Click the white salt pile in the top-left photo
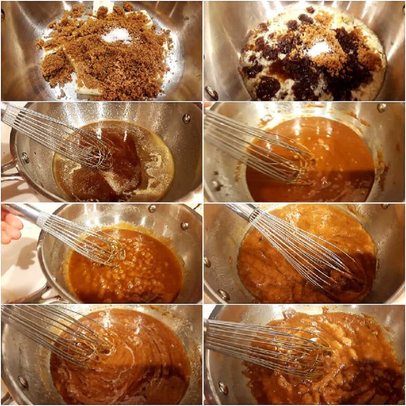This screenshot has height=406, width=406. click(x=117, y=35)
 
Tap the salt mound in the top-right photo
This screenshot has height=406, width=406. click(x=319, y=49)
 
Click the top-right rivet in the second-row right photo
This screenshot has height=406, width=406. click(x=381, y=107)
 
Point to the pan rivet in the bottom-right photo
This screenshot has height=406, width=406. click(x=224, y=389)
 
